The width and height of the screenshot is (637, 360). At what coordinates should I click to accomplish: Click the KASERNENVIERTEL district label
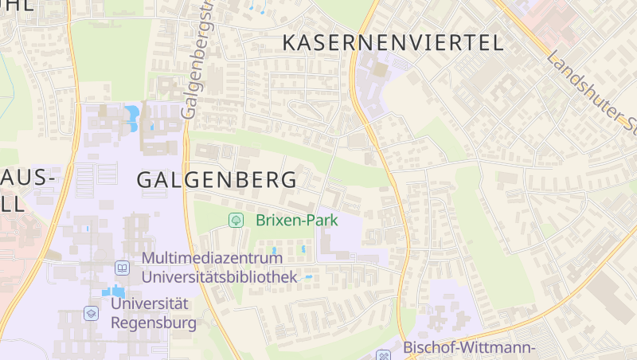[x=393, y=42]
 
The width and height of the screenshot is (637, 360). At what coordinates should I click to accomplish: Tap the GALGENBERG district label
[x=217, y=179]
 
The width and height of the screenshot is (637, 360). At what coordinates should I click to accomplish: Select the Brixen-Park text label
[x=297, y=220]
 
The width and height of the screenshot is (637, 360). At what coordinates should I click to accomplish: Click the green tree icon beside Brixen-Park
[x=236, y=220]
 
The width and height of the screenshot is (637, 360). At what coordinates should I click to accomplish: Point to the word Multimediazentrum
[x=218, y=259]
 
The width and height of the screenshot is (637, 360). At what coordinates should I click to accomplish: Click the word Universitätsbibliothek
[x=219, y=276]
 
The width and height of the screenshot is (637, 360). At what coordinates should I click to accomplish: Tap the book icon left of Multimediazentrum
[x=122, y=268]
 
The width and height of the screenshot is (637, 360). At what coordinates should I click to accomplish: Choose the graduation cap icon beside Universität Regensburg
[x=91, y=313]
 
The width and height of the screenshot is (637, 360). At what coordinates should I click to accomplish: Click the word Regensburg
[x=154, y=323]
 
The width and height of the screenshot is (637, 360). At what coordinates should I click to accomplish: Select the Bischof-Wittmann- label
[x=468, y=347]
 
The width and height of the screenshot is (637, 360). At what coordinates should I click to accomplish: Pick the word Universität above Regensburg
[x=150, y=303]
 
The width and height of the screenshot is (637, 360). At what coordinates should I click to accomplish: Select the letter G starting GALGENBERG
[x=147, y=179]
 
